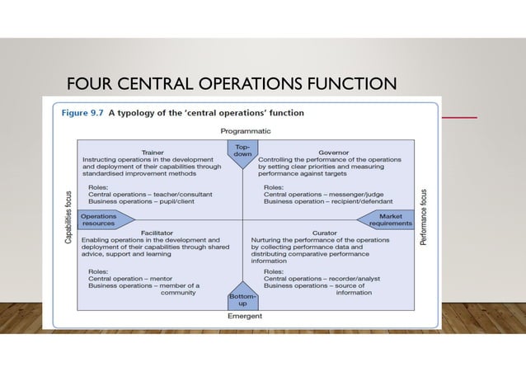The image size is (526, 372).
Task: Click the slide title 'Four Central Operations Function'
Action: click(x=232, y=83)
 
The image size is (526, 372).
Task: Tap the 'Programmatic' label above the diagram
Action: click(x=245, y=130)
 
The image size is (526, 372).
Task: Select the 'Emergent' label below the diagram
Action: click(x=245, y=316)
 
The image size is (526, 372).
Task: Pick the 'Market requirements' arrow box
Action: click(x=387, y=219)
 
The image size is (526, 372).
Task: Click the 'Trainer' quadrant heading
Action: click(x=153, y=153)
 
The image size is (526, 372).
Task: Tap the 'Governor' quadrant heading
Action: click(x=334, y=153)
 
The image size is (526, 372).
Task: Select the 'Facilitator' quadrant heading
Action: click(x=157, y=233)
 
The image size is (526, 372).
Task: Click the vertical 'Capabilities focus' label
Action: click(x=69, y=219)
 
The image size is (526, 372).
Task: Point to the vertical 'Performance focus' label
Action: click(x=423, y=219)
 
